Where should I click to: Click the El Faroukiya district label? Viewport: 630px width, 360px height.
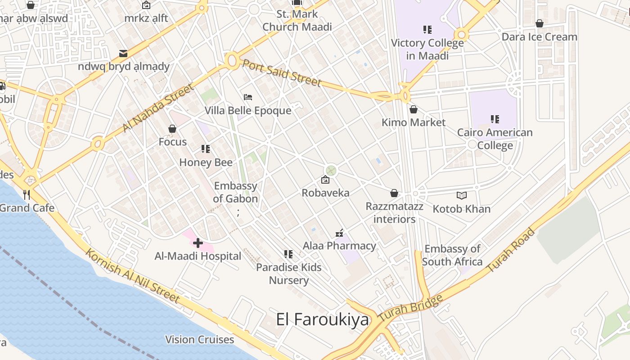pyautogui.click(x=322, y=319)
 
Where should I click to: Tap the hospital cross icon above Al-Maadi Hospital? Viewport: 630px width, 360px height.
pyautogui.click(x=198, y=243)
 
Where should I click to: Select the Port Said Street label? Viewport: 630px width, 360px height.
pyautogui.click(x=282, y=72)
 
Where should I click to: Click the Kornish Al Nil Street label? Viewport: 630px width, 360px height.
pyautogui.click(x=133, y=275)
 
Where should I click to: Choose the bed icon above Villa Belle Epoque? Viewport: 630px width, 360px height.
pyautogui.click(x=248, y=97)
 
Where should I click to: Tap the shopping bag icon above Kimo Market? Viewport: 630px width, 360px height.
pyautogui.click(x=414, y=109)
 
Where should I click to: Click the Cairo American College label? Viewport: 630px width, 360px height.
pyautogui.click(x=495, y=139)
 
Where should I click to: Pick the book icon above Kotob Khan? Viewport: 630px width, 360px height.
pyautogui.click(x=461, y=195)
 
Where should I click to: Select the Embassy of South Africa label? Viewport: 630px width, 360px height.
pyautogui.click(x=452, y=255)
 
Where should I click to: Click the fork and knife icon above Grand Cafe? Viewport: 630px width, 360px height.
pyautogui.click(x=27, y=194)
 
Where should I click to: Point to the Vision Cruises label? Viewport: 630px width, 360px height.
pyautogui.click(x=200, y=339)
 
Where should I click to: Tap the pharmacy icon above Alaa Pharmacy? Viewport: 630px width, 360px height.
pyautogui.click(x=340, y=233)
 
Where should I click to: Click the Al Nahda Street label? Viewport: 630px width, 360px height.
pyautogui.click(x=158, y=108)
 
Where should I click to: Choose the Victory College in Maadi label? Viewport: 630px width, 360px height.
pyautogui.click(x=427, y=49)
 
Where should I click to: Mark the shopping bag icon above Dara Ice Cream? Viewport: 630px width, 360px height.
pyautogui.click(x=539, y=23)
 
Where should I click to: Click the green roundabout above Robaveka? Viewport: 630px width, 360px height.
pyautogui.click(x=331, y=171)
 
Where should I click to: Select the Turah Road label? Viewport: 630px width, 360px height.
pyautogui.click(x=512, y=250)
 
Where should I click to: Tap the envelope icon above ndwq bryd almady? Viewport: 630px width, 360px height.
pyautogui.click(x=123, y=54)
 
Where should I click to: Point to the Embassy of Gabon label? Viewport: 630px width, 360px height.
pyautogui.click(x=235, y=192)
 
